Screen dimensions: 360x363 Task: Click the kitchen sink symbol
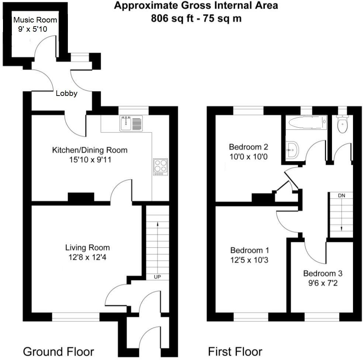[131, 123]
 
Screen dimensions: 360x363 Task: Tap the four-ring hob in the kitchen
[160, 166]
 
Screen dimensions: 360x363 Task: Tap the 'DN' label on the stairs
[341, 195]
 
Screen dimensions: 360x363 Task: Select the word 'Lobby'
[66, 94]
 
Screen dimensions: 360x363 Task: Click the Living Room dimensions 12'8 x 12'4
[87, 256]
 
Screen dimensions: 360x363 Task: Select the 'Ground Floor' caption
[59, 351]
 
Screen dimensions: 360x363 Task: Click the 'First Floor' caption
[235, 351]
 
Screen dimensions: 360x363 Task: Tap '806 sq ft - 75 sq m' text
[196, 18]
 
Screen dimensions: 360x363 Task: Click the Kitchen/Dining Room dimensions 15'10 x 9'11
[90, 160]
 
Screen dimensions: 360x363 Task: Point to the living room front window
[76, 316]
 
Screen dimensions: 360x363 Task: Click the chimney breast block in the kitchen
[81, 198]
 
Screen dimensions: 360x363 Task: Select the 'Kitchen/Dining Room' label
[90, 150]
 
